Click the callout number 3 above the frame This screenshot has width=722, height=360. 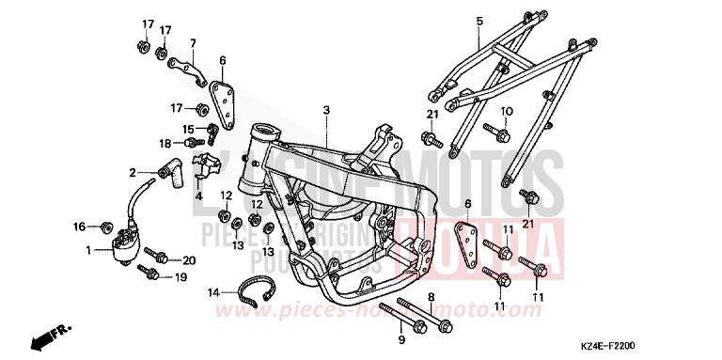325,110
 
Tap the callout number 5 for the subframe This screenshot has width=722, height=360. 479,20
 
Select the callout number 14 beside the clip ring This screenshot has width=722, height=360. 214,292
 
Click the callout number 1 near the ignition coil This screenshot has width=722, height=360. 89,250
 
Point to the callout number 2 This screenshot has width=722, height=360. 133,173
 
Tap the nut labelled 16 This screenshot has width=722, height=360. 104,227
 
